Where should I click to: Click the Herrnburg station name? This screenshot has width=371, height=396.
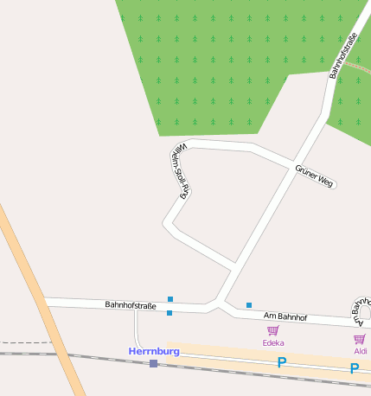154,351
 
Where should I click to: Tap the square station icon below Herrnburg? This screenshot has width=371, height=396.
154,364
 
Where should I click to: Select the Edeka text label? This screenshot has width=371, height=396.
273,343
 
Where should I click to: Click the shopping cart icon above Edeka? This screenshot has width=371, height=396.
273,331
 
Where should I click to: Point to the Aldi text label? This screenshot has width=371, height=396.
360,351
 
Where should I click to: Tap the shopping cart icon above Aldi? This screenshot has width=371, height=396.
360,339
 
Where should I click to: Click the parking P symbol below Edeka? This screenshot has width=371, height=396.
281,363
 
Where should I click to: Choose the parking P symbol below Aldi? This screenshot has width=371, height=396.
354,368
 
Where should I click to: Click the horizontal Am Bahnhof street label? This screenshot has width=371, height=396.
285,317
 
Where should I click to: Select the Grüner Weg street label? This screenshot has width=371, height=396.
314,176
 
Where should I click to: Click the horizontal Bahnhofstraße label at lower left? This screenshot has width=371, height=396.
131,305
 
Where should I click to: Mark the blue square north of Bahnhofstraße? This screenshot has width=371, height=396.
170,299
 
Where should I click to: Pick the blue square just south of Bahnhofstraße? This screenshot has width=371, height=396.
170,313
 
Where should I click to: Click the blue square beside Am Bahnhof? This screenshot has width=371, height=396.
249,305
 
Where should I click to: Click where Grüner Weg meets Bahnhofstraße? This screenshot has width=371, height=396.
291,167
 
